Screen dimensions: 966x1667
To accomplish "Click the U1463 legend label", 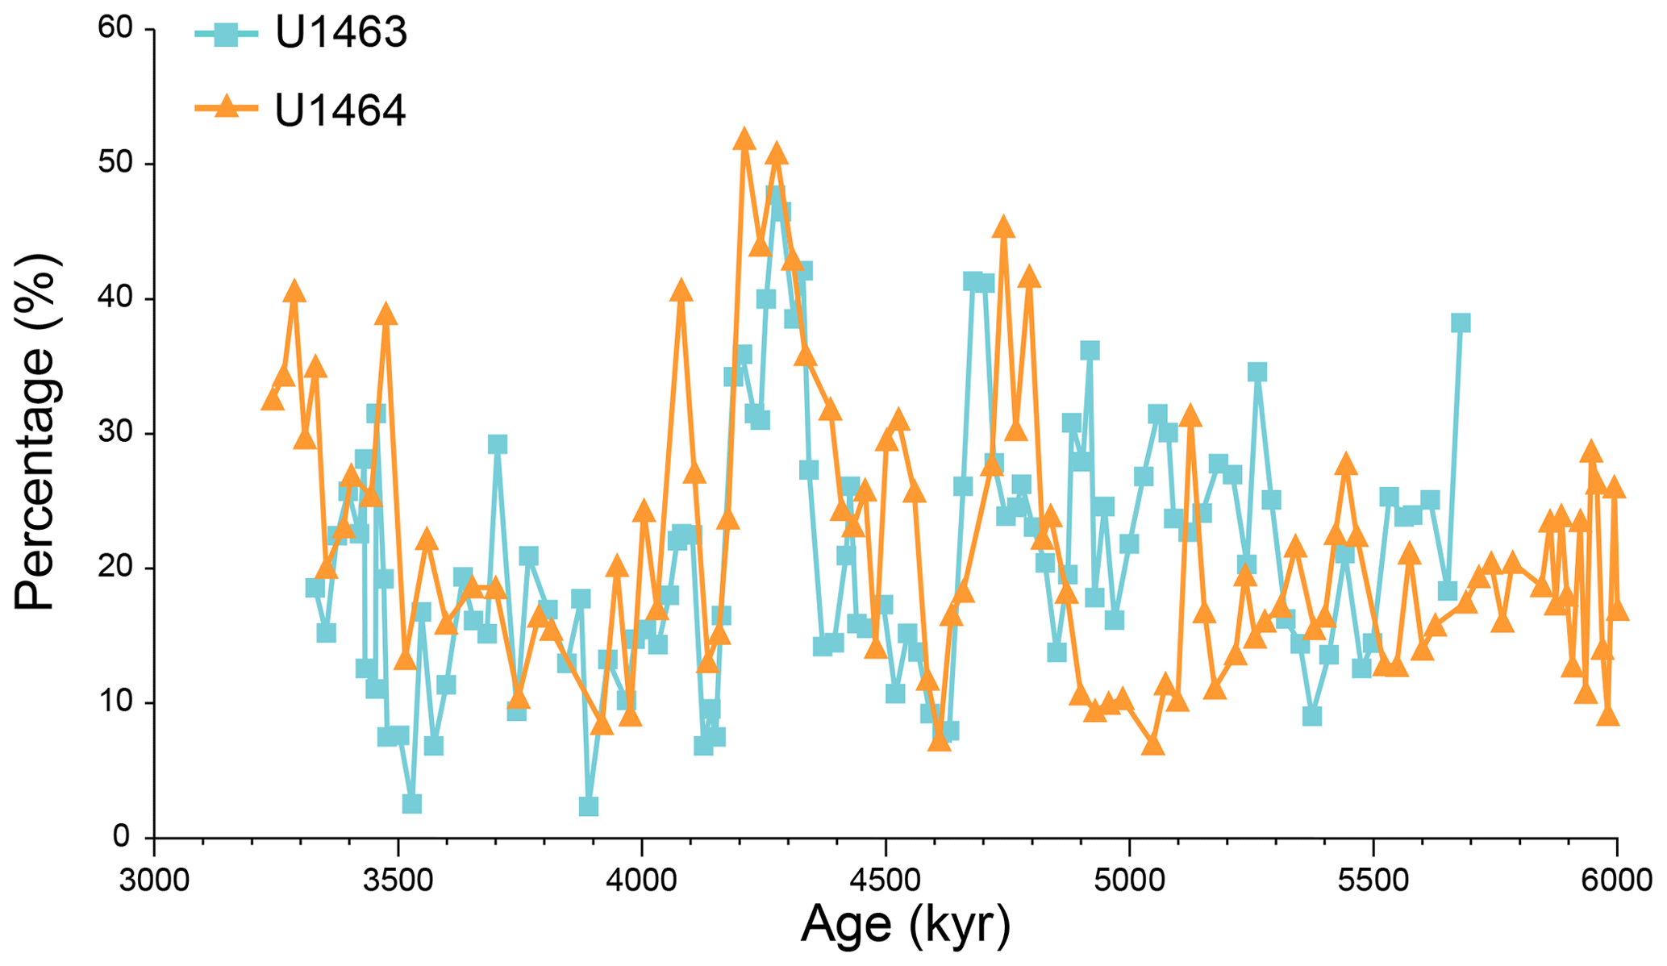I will pos(341,33).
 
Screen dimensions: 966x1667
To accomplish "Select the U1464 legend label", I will pos(340,110).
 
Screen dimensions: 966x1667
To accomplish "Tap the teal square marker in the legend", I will pos(227,34).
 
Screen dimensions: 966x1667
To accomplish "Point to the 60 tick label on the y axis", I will pos(115,29).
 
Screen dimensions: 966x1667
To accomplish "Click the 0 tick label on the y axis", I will pos(122,837).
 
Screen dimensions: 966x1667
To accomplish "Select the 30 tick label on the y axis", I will pos(115,434).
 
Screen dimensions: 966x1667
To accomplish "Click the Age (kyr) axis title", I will pos(905,926).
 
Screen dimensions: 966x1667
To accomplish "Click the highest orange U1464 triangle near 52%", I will pos(744,139).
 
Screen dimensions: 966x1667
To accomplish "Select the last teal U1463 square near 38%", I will pos(1461,323).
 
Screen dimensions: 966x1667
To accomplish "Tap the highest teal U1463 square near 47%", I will pos(776,196).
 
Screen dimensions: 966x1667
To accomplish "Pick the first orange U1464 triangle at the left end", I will pos(273,400).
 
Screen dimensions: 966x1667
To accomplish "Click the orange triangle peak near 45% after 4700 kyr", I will pos(1003,228).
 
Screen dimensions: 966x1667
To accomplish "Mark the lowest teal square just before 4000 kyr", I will pos(588,806).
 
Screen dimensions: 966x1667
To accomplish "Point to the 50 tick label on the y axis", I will pos(115,164).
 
